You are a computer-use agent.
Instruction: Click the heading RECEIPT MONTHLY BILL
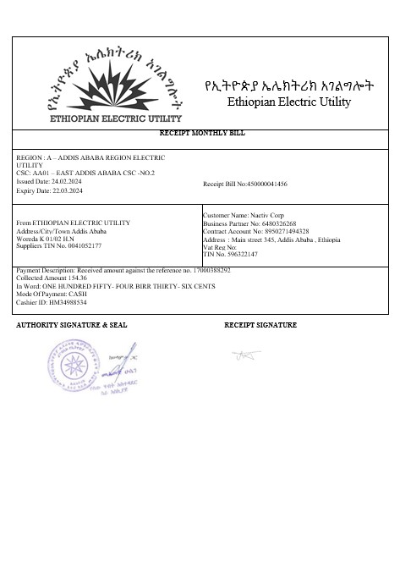pyautogui.click(x=200, y=134)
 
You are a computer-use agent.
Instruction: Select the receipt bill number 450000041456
pyautogui.click(x=266, y=184)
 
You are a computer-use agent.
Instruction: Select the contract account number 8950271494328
pyautogui.click(x=282, y=231)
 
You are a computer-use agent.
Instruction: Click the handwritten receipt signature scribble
pyautogui.click(x=245, y=354)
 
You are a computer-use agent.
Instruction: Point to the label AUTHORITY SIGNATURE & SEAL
pyautogui.click(x=71, y=325)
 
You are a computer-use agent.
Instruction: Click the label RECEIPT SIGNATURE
pyautogui.click(x=260, y=325)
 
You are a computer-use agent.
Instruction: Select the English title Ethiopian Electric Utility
pyautogui.click(x=289, y=102)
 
